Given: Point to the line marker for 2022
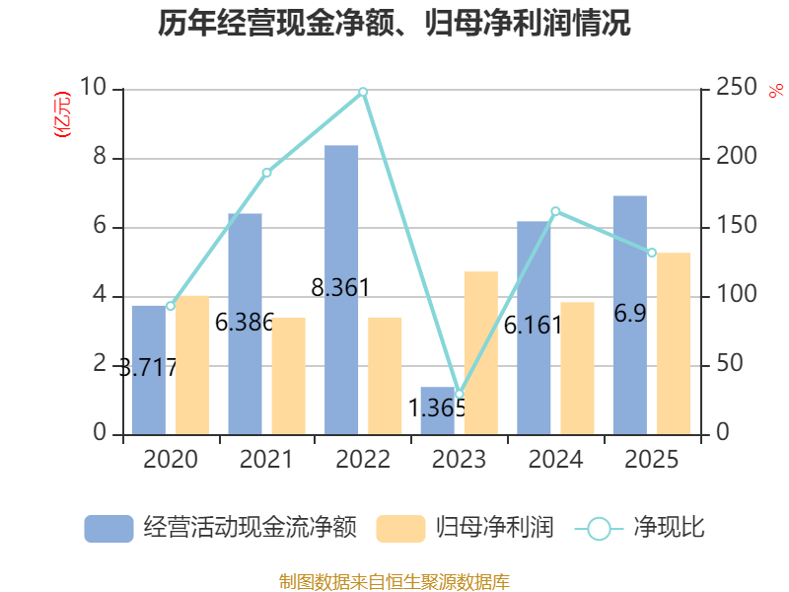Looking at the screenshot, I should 363,92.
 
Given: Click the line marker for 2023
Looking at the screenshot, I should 459,394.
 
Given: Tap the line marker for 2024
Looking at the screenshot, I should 555,211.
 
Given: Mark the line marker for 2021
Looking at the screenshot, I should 266,173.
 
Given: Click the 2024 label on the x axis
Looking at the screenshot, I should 555,460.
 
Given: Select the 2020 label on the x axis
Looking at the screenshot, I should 170,460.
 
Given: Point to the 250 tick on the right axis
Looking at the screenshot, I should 736,90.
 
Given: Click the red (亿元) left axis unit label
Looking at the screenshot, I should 61,114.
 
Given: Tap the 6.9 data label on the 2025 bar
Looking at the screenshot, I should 630,314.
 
